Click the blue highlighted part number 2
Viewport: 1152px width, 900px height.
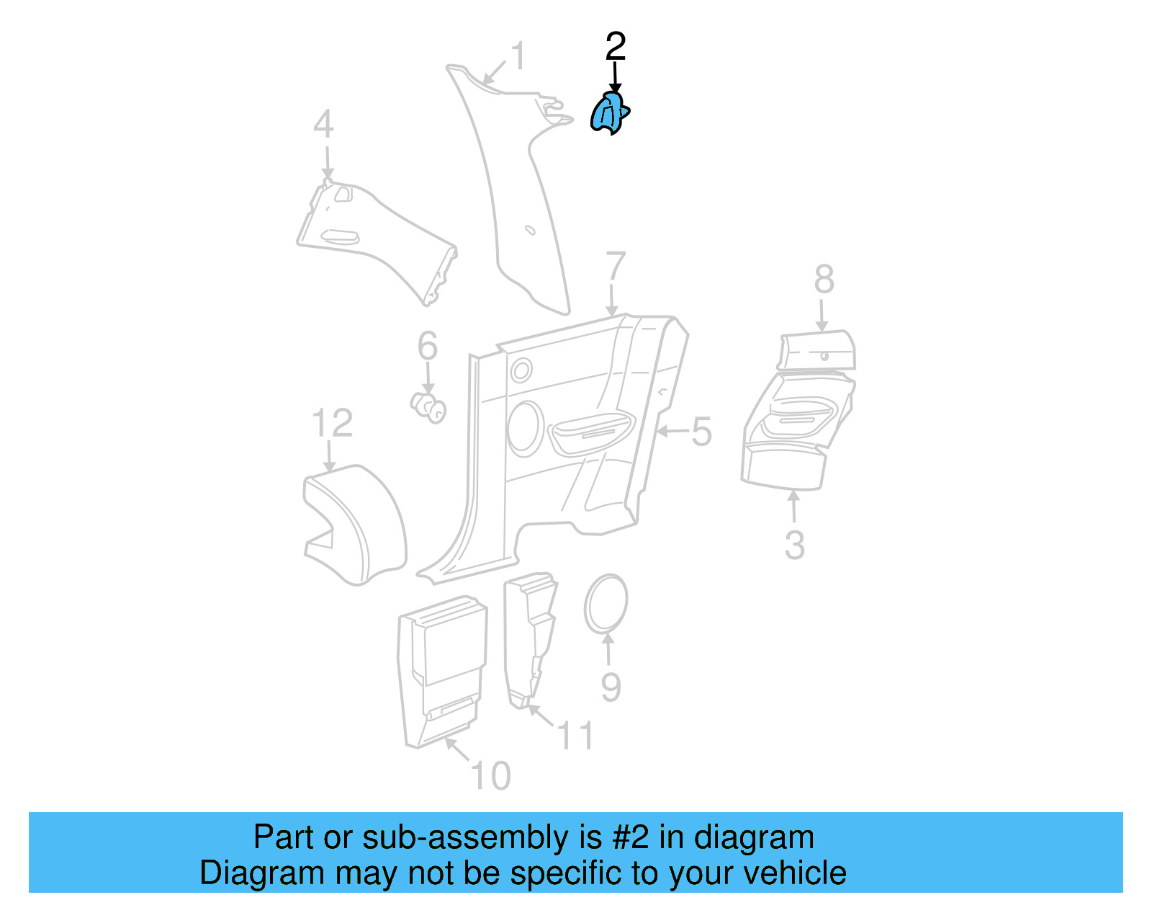click(609, 113)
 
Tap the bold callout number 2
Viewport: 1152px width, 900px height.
click(615, 46)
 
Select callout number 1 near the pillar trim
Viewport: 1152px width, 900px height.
click(518, 55)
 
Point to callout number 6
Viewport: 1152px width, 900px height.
click(427, 345)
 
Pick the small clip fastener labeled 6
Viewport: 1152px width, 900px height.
click(428, 408)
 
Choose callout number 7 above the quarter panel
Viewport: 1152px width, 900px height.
click(616, 267)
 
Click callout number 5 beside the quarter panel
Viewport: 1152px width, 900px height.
click(701, 432)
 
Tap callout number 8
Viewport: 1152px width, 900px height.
click(824, 279)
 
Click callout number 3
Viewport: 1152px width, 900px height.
click(795, 545)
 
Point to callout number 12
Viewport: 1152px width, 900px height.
click(332, 423)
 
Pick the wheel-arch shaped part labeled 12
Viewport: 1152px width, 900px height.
click(354, 525)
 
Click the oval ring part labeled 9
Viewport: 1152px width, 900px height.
click(586, 604)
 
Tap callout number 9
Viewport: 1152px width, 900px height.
click(611, 687)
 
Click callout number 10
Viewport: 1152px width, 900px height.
click(490, 775)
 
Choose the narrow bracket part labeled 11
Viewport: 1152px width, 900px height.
click(529, 640)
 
